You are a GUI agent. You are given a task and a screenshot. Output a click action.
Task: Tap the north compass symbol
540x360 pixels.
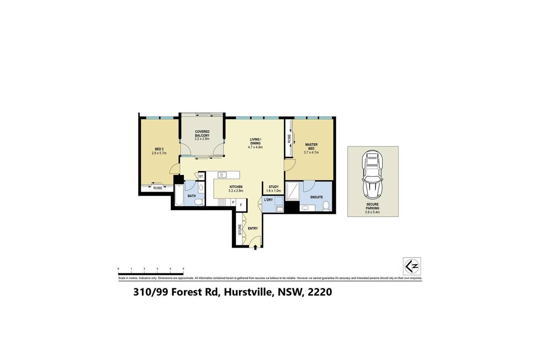pos(412,266)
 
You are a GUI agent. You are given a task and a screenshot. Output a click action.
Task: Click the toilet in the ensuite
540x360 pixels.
pos(326,205)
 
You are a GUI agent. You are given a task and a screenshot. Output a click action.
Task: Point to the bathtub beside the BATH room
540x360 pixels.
pos(179,195)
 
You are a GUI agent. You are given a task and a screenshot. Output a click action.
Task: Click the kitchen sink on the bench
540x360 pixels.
pos(223,175)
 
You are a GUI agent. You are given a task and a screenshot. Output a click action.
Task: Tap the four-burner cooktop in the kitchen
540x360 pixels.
pos(222,202)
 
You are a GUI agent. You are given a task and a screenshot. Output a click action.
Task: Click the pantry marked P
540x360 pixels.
pos(233,202)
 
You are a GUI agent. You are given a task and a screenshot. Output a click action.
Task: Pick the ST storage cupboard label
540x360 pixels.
pos(201,176)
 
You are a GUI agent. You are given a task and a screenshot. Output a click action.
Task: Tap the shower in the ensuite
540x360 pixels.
pos(292,191)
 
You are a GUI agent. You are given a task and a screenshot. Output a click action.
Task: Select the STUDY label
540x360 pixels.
pos(273,187)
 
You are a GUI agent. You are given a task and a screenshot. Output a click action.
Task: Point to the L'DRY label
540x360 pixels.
pos(268,200)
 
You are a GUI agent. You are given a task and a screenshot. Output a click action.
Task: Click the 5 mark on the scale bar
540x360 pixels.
pos(183,269)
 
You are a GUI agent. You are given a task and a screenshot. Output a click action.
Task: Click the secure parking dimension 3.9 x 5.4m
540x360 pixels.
pos(372,212)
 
